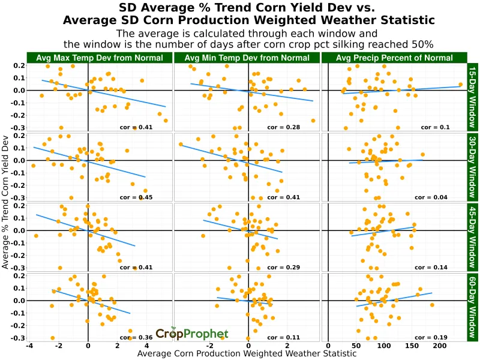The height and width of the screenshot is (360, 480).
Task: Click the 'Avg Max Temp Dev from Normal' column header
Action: point(100,58)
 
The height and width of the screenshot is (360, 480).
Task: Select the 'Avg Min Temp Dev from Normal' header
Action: point(247,58)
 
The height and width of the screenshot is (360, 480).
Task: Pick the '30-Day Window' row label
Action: point(472,167)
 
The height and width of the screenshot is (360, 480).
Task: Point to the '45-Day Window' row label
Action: point(472,236)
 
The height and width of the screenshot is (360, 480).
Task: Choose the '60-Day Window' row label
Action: point(472,306)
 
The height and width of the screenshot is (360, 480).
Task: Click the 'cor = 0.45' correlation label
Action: point(136,197)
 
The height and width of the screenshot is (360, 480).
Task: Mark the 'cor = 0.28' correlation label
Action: point(283,127)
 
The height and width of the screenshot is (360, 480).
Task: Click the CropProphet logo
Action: point(192,334)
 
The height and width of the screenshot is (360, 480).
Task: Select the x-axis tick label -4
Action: point(29,346)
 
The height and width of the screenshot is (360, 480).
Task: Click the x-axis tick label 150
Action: point(412,346)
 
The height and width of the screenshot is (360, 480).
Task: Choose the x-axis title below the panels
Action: point(247,354)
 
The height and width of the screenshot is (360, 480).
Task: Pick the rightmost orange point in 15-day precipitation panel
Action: point(461,85)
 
